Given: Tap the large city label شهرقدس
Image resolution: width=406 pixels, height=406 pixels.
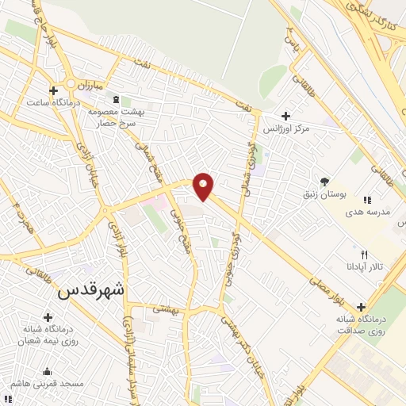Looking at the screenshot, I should [x=92, y=291].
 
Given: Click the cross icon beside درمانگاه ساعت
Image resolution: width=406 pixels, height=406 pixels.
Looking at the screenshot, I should [x=53, y=90].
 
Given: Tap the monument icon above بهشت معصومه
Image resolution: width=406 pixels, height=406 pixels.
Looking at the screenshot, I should [x=117, y=100].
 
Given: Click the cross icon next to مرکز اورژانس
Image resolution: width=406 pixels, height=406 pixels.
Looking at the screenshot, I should [x=285, y=116].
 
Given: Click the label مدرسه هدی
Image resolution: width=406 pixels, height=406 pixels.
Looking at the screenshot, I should [x=375, y=213].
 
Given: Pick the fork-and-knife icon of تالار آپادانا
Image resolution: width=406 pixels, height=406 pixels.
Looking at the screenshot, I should [x=364, y=255].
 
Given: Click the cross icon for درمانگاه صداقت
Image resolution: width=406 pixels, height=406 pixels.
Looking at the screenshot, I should [x=361, y=307].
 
